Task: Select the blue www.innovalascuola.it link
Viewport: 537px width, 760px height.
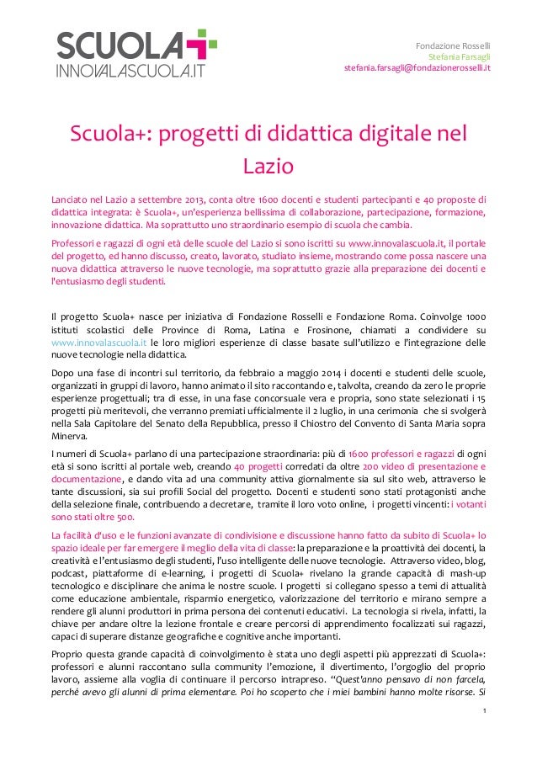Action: [88, 343]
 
